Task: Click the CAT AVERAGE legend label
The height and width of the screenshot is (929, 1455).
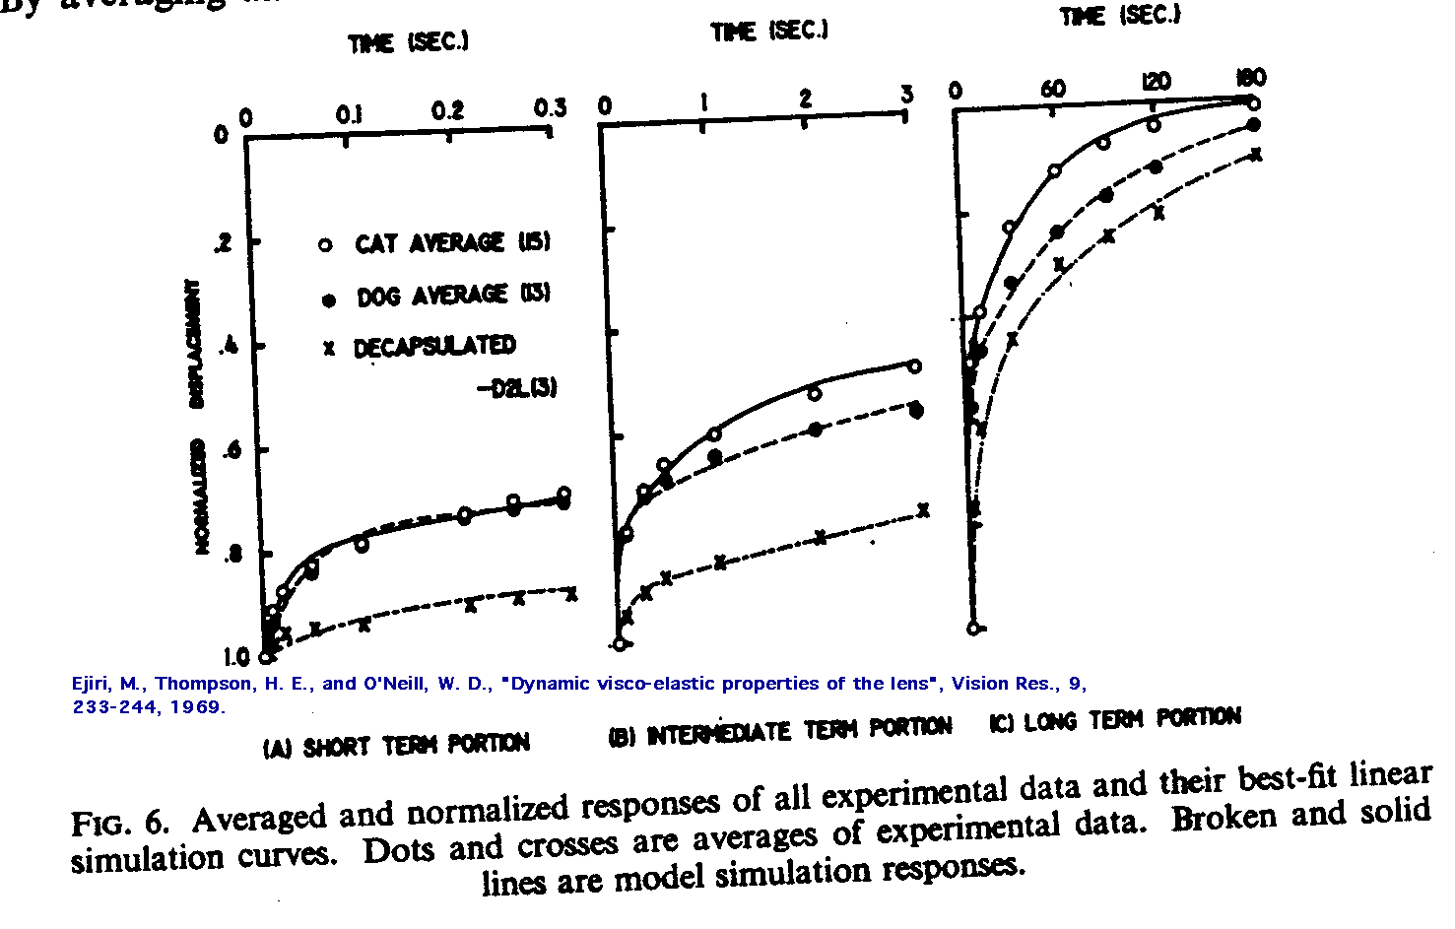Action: pos(451,242)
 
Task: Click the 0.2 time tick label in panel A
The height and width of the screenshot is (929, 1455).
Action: pos(447,109)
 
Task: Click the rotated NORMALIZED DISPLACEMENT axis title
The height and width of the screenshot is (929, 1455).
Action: pos(201,414)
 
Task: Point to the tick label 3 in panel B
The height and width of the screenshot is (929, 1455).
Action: pos(906,94)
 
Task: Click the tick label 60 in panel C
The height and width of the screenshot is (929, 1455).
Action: pos(1053,89)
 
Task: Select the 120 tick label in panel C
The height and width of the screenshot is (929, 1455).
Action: pos(1156,81)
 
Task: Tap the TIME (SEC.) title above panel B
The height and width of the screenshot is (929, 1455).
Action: pos(769,32)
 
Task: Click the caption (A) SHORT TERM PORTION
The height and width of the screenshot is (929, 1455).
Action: pos(396,746)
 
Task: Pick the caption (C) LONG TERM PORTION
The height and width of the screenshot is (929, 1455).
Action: pos(1114,719)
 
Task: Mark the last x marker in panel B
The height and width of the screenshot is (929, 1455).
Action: pos(923,510)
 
